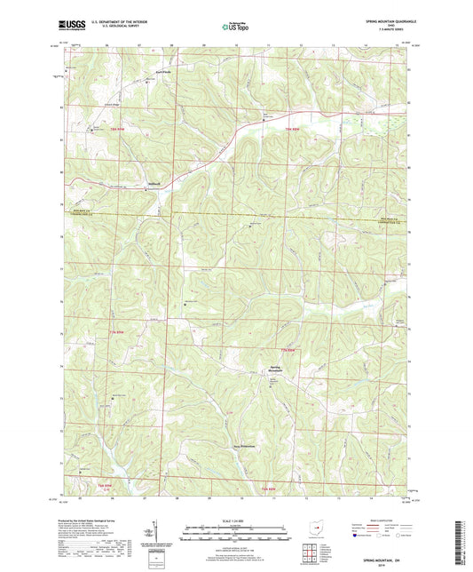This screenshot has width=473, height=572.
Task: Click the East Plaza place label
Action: [151, 68]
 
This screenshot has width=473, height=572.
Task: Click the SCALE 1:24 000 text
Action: [235, 520]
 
